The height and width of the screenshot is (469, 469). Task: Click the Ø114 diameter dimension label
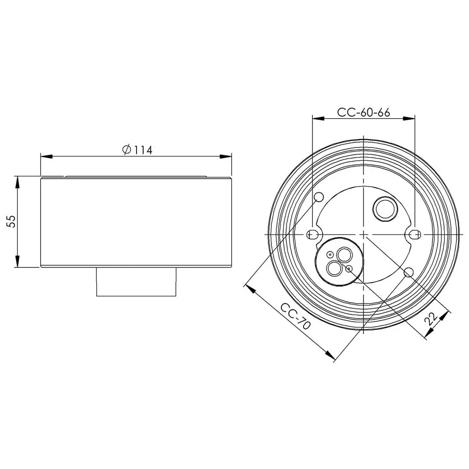pyautogui.click(x=137, y=150)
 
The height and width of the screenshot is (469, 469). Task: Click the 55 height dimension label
pyautogui.click(x=11, y=221)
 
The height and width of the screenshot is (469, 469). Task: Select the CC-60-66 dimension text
pyautogui.click(x=363, y=113)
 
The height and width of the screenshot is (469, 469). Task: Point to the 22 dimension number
pyautogui.click(x=431, y=318)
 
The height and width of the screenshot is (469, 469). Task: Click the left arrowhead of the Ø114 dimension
pyautogui.click(x=46, y=157)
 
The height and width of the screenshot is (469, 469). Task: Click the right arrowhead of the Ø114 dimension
pyautogui.click(x=226, y=157)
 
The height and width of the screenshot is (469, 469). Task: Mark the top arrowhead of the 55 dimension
pyautogui.click(x=18, y=182)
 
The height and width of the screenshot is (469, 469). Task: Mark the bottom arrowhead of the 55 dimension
pyautogui.click(x=18, y=261)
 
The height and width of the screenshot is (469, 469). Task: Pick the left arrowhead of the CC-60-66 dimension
pyautogui.click(x=318, y=119)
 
